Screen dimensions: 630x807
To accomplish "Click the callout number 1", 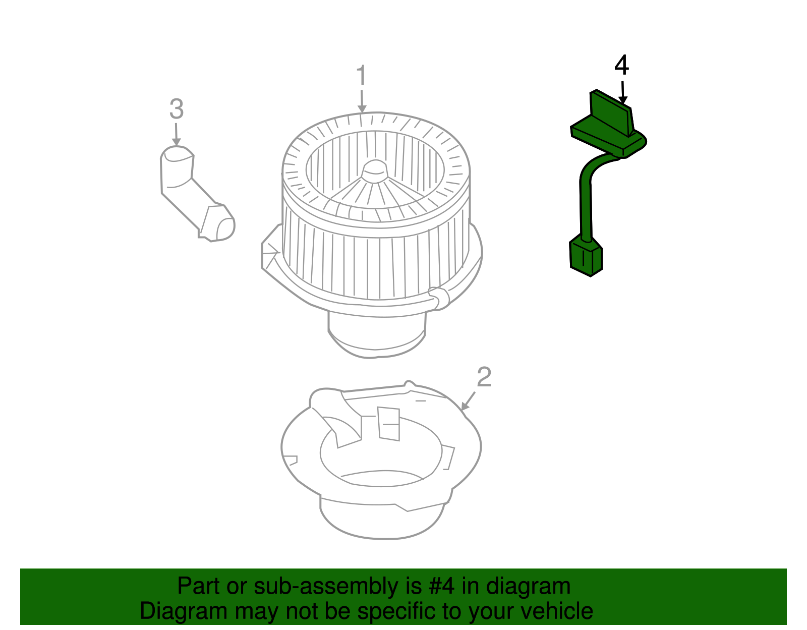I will click(361, 76).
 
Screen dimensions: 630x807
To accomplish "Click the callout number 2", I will click(484, 377).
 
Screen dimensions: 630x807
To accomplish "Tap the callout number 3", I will click(176, 109).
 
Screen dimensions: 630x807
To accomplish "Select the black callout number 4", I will click(622, 66).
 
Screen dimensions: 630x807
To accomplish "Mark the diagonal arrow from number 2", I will click(469, 401).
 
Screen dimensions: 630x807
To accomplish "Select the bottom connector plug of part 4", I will click(586, 258).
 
